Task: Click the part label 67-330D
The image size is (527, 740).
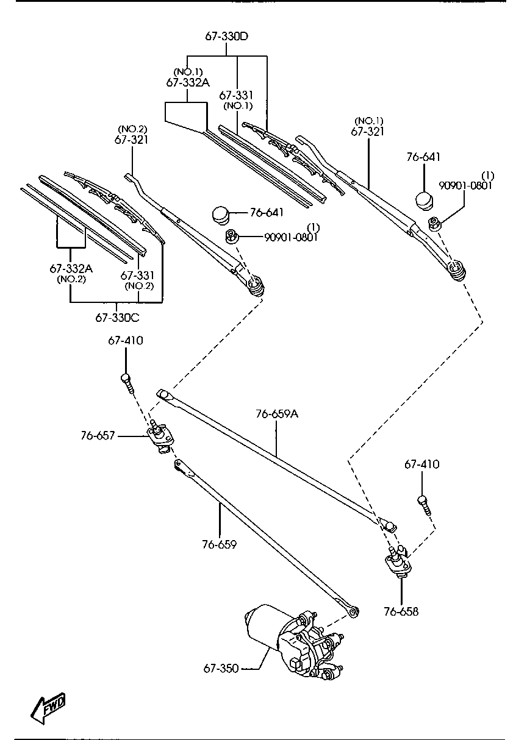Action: pos(226,36)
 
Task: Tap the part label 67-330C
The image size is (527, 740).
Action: pos(117,318)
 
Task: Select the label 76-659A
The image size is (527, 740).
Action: pos(277,414)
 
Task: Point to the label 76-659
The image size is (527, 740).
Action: pos(220,544)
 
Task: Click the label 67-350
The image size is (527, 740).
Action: pos(221,669)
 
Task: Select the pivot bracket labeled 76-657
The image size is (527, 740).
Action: pos(160,436)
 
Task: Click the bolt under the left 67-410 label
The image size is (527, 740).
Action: pos(128,383)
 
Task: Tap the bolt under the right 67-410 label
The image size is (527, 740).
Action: pos(425,505)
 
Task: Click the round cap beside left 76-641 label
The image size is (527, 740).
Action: pos(220,215)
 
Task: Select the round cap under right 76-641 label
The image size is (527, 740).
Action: pos(425,200)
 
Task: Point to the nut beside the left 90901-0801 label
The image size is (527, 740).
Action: pos(232,236)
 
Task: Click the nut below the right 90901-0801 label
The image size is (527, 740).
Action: pos(436,224)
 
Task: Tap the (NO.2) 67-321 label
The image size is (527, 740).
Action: pos(132,135)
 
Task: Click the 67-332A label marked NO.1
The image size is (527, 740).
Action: pos(188,77)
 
